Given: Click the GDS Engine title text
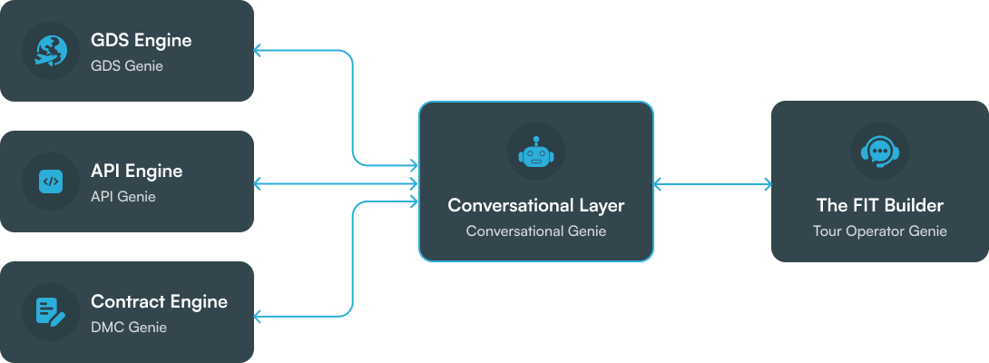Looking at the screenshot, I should [x=141, y=41].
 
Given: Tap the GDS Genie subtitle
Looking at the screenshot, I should [x=127, y=66].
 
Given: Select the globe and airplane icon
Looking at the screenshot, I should [x=51, y=51].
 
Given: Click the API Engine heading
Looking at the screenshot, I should [x=136, y=172].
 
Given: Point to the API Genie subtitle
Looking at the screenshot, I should [x=123, y=197].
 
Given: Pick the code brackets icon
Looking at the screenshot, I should [x=51, y=181].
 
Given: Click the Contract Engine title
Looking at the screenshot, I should [x=159, y=302].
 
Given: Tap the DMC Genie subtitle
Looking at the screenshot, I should [x=129, y=328].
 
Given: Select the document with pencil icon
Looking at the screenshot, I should [x=51, y=312].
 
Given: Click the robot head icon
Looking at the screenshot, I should [x=535, y=152].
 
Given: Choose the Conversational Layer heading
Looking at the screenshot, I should [x=535, y=206].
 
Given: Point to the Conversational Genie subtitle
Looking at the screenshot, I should [x=535, y=231].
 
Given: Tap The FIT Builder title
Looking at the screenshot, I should [x=878, y=206].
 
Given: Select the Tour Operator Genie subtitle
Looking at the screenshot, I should [x=878, y=231].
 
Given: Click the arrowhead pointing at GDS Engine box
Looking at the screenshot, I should [x=259, y=51].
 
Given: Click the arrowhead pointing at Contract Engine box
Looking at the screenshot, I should [x=259, y=316].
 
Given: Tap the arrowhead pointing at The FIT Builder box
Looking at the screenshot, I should [x=767, y=184].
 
